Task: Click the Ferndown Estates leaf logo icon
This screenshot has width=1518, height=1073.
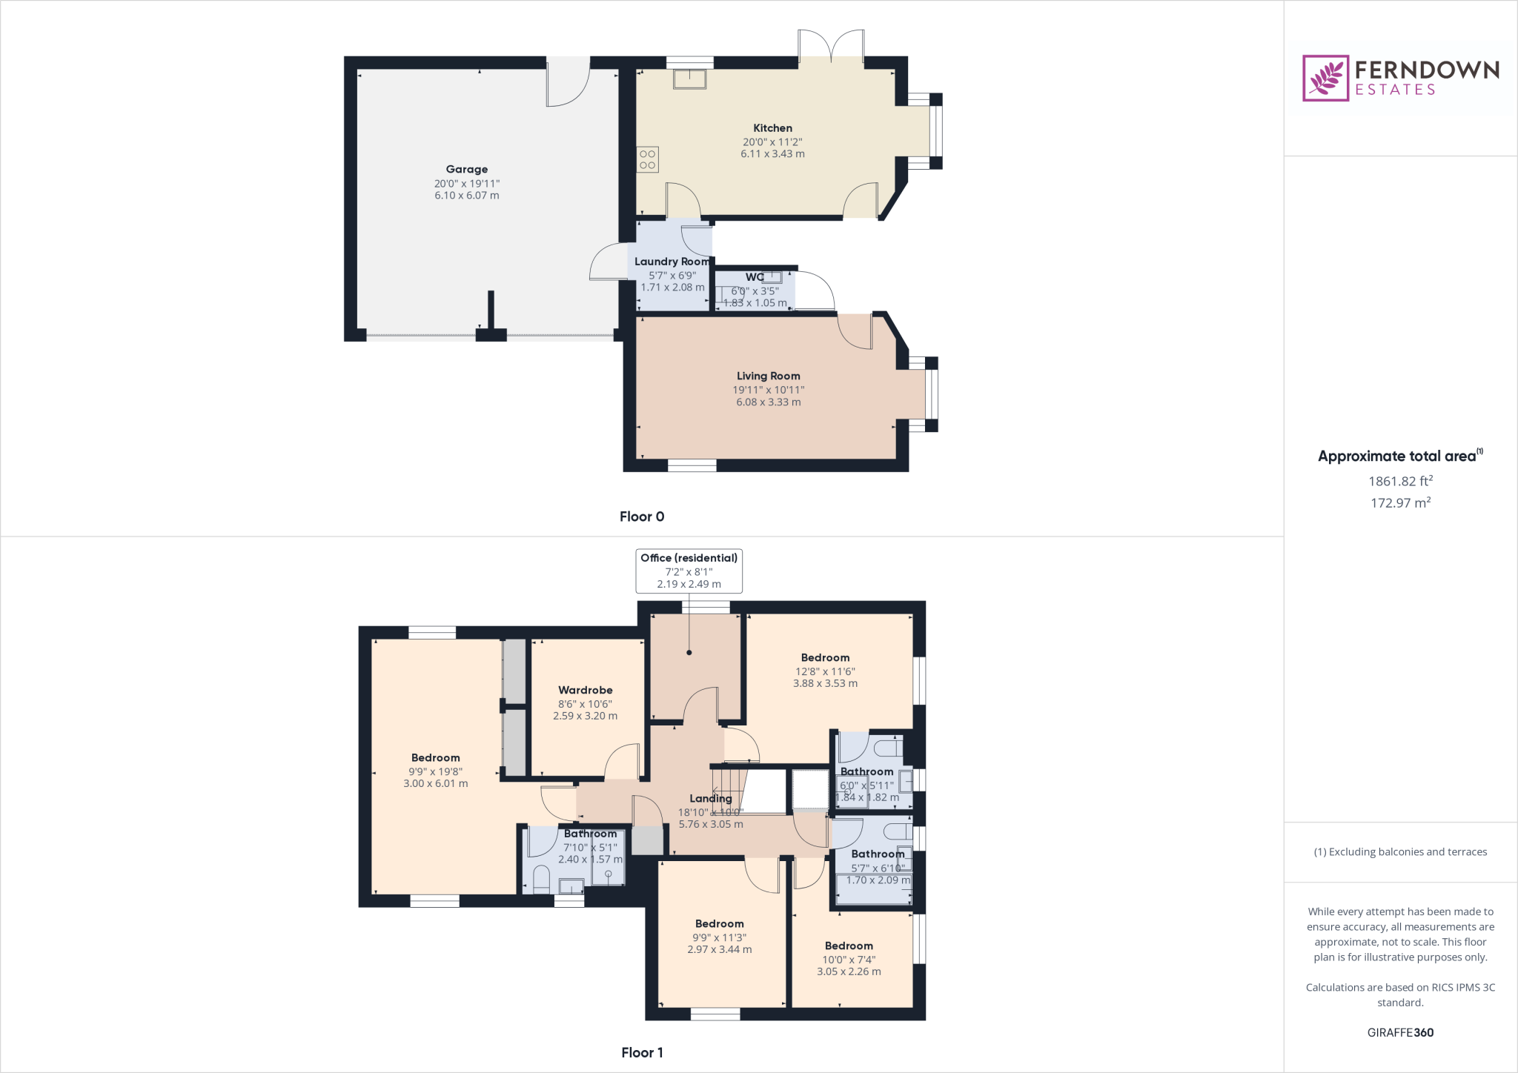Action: (1325, 78)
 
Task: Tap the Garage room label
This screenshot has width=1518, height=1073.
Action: (467, 170)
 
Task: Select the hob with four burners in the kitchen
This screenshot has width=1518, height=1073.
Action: (647, 159)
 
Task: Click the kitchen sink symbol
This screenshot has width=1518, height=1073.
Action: (689, 79)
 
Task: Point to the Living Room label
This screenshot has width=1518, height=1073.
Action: (768, 376)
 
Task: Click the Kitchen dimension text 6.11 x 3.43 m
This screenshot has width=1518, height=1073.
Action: (772, 154)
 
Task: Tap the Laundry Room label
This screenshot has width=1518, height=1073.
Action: (672, 262)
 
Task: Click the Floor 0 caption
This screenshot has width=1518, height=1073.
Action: (642, 516)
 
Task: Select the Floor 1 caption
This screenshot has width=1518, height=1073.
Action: (642, 1052)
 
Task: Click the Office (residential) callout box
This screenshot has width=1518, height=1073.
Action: (689, 571)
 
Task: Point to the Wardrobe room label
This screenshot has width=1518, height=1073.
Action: (585, 691)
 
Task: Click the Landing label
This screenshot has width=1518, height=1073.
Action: (710, 798)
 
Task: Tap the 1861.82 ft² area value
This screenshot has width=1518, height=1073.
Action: (1400, 481)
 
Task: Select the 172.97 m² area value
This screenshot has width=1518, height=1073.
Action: (1400, 503)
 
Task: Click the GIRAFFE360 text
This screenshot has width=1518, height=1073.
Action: (1400, 1032)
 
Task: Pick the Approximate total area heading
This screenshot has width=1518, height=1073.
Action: (1399, 456)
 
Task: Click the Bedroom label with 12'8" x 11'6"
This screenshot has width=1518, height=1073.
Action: (825, 658)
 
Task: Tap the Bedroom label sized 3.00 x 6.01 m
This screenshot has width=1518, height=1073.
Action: (435, 758)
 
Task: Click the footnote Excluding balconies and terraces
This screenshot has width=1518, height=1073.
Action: (1400, 852)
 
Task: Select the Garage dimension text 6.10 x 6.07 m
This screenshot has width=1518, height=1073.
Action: (467, 196)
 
